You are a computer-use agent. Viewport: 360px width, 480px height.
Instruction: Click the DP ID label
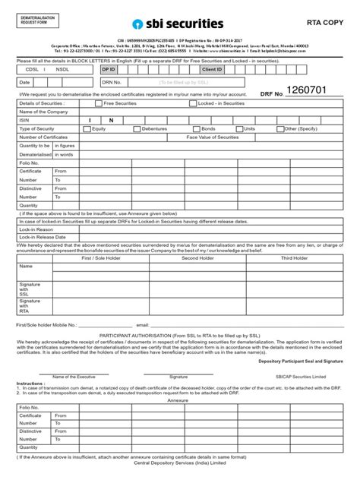pos(109,68)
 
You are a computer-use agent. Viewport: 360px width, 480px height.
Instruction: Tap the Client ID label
pos(211,68)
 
